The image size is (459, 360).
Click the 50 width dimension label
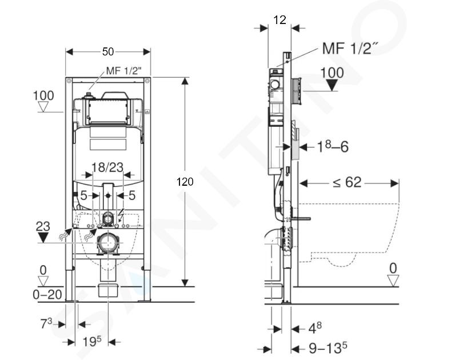(x=107, y=52)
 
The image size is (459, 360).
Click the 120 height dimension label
(x=185, y=182)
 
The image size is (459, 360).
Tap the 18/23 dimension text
(x=107, y=167)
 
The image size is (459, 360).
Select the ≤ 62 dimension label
(x=347, y=183)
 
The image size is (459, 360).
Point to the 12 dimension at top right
(x=280, y=20)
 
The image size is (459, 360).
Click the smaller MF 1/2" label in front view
(x=123, y=70)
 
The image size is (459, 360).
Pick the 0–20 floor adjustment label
(x=47, y=294)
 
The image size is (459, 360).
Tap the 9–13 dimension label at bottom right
(x=328, y=349)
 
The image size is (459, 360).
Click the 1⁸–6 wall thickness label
(x=333, y=146)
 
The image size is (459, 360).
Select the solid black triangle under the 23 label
(x=43, y=237)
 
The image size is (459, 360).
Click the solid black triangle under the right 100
(x=332, y=86)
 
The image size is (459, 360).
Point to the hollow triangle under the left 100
(x=43, y=107)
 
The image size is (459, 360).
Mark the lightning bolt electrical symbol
(x=121, y=215)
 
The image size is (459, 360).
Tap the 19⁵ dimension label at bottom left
(x=91, y=341)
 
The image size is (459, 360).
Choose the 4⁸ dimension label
(x=315, y=328)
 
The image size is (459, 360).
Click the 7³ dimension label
(x=46, y=323)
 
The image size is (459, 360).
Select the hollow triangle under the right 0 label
(x=393, y=281)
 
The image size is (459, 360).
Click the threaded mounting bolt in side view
(x=300, y=219)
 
